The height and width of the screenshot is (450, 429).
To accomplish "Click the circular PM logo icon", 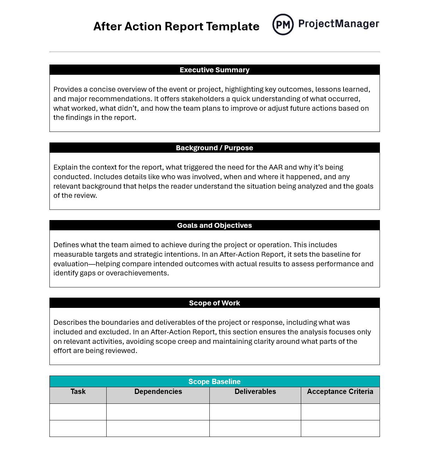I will (x=283, y=24).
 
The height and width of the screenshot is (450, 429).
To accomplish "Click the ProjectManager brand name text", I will (x=339, y=24).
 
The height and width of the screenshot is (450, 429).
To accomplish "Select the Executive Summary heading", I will (x=214, y=70).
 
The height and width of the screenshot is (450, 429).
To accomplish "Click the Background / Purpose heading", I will (x=214, y=148).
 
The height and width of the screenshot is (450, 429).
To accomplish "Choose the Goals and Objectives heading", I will (x=214, y=225).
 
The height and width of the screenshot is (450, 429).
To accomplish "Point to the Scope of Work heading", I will (x=214, y=303).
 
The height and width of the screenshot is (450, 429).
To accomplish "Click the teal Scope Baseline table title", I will (x=214, y=382).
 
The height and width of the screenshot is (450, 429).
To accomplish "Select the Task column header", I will (x=78, y=391).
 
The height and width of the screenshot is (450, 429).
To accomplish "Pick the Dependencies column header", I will (x=158, y=391).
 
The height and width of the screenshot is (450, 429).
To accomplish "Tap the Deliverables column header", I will (x=255, y=391).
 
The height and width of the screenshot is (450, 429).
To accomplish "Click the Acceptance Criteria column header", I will (x=340, y=391).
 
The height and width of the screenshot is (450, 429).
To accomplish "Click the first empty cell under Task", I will (x=78, y=412).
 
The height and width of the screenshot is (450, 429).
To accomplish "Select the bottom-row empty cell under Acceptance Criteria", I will (x=340, y=428).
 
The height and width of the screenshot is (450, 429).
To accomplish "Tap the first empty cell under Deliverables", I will (x=255, y=412).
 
